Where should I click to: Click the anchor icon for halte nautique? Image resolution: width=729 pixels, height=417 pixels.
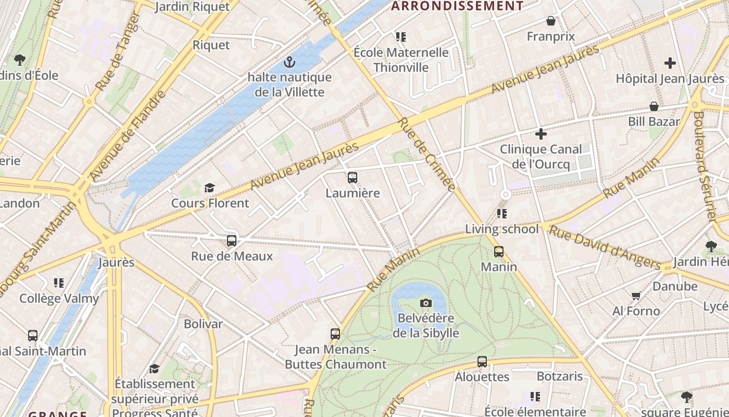coord(290,63)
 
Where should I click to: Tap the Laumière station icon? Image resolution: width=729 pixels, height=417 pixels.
coord(353,178)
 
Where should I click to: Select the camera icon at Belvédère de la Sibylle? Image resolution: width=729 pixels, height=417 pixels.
coord(426,303)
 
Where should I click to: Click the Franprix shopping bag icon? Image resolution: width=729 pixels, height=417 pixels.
coord(550,21)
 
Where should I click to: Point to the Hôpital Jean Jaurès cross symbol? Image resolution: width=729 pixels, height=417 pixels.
coord(670,64)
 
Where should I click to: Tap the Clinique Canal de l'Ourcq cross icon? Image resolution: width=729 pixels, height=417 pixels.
coord(541,134)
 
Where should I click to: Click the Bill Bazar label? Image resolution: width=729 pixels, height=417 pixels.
coord(654,121)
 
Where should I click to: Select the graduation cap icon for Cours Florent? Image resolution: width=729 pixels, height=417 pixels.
coord(209,188)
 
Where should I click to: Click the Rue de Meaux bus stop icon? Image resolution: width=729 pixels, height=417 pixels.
coord(232,241)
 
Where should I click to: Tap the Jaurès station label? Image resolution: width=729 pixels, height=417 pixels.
coord(117,262)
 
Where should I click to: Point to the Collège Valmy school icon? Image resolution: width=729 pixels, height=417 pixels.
coord(59,283)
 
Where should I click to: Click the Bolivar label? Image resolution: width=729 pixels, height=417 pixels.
coord(203,324)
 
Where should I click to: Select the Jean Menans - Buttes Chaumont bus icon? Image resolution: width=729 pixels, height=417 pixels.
coord(335,334)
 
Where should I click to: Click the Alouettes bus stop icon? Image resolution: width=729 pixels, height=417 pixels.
coord(482,362)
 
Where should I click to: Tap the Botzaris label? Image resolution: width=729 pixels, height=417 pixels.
coord(560,376)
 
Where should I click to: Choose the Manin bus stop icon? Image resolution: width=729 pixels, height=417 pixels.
coord(499,252)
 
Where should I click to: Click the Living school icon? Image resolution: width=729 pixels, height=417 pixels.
coord(502,214)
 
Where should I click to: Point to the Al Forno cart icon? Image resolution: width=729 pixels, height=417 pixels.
coord(636,296)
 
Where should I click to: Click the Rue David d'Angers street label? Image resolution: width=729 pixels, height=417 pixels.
coord(604,248)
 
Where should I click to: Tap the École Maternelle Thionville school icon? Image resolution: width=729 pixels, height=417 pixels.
coord(400,37)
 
